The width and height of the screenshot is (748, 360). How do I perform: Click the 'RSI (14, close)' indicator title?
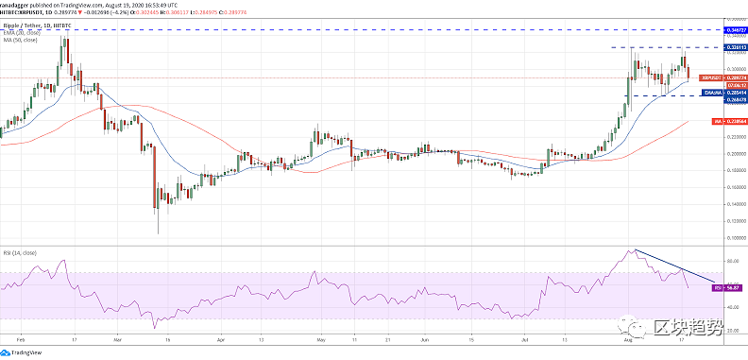coord(20,253)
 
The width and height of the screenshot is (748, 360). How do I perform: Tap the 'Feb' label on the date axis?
coord(22,335)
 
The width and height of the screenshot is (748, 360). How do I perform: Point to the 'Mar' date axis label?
coord(117,335)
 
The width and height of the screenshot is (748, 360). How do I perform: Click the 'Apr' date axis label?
coord(219,335)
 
